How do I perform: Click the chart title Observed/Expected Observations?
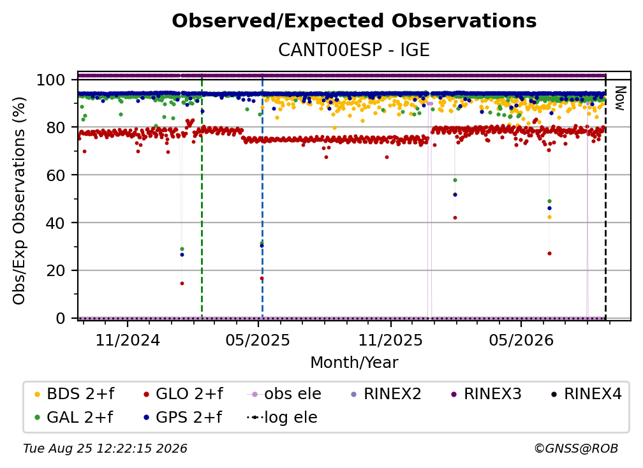[x=354, y=21]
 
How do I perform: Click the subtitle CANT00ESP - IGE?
[x=354, y=50]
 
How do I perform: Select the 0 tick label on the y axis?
[x=61, y=318]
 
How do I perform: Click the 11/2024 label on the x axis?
[x=128, y=340]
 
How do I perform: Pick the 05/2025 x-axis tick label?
[x=258, y=340]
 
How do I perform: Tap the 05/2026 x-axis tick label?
[x=521, y=340]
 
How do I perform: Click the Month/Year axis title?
[x=354, y=363]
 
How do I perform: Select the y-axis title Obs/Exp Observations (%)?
[x=19, y=200]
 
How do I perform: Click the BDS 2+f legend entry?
[x=74, y=394]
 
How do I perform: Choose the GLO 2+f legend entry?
[x=183, y=394]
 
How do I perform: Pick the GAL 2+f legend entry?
[x=73, y=417]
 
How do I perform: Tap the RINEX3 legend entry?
[x=486, y=394]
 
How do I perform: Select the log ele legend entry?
[x=282, y=417]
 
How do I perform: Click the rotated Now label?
[x=619, y=98]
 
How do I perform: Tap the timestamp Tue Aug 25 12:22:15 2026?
[x=105, y=449]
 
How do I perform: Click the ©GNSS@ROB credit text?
[x=576, y=449]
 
